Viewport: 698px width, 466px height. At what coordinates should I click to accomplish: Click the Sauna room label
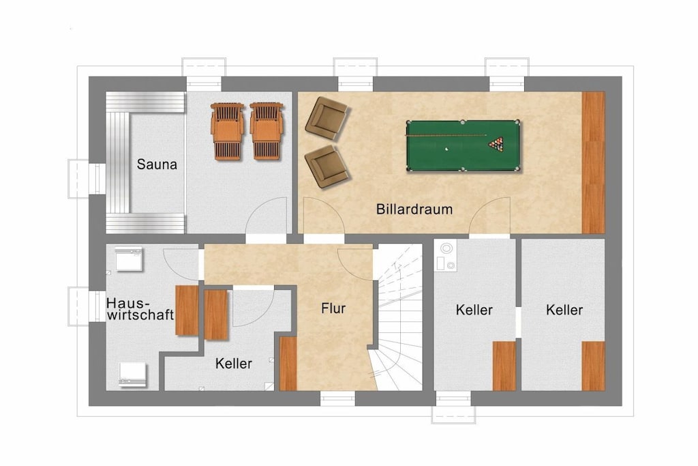157,164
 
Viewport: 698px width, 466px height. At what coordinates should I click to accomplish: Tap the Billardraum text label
414,209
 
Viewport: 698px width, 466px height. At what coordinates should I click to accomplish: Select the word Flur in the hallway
333,308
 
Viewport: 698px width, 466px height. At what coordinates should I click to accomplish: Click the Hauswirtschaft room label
140,309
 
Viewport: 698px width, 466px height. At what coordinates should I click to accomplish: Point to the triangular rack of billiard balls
496,144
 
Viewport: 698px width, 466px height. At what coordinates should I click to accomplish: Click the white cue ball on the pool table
447,149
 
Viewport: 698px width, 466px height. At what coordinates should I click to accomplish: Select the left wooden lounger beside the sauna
227,131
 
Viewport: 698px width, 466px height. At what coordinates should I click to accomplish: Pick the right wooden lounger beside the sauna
267,130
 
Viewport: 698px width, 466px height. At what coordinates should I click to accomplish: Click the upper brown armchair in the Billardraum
326,117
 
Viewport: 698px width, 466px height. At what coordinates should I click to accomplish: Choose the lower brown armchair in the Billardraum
326,166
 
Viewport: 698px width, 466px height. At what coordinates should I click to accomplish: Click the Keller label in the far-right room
564,310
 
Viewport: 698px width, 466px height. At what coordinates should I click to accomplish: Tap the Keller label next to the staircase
474,310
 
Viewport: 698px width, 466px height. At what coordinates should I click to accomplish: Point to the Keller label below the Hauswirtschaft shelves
233,364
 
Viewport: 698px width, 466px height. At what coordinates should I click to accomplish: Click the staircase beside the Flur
398,317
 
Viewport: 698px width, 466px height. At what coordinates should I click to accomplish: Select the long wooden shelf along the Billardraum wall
594,162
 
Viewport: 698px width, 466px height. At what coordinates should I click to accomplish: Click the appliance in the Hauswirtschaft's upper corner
129,259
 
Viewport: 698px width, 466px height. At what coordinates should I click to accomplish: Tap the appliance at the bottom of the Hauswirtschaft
133,374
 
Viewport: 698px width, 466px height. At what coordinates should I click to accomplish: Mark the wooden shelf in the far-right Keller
594,366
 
